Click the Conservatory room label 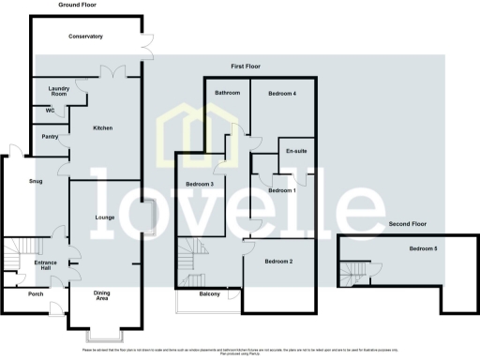85,37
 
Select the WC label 49,111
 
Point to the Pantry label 51,136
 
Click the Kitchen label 103,129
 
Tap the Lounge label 105,217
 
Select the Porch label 36,293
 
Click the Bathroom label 228,94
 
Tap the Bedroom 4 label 281,94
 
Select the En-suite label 297,151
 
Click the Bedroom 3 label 200,184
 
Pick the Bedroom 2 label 278,261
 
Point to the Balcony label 209,294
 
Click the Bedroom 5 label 422,248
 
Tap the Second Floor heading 407,225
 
